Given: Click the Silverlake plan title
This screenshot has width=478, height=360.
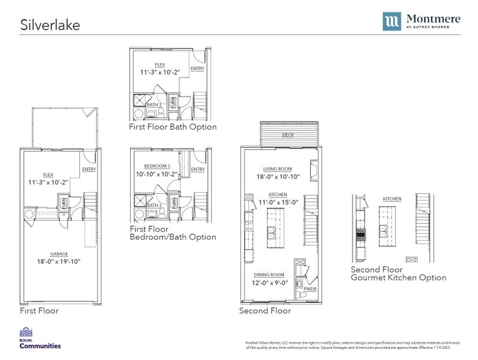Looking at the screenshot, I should tap(50, 25).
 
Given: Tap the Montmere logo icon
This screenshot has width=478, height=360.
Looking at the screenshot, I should tap(393, 22).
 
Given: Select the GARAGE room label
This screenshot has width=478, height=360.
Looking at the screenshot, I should tap(59, 253).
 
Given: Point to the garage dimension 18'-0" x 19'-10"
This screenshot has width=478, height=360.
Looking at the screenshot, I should tap(59, 262).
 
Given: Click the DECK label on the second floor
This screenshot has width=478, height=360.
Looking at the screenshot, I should tap(287, 135).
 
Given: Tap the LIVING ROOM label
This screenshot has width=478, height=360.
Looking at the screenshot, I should tap(277, 169).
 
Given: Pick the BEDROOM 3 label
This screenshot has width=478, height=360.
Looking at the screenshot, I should tap(157, 166).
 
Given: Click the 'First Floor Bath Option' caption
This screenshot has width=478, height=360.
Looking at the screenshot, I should tap(173, 127).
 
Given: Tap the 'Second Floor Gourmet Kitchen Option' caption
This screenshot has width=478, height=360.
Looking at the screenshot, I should tap(398, 274).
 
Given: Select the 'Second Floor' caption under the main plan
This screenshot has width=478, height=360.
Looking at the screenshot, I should tap(265, 311).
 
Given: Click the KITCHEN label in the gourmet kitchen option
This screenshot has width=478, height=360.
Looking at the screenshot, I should tap(392, 199).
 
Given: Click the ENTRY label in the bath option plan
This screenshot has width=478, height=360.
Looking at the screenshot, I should tap(197, 68).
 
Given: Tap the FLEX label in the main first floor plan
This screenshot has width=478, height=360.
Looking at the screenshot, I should tap(48, 175).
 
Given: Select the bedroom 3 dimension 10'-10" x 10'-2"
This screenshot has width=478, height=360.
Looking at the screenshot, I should tap(157, 175).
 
